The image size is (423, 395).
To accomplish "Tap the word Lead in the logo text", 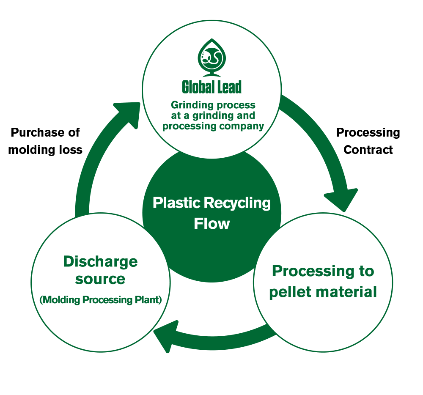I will pos(228,87).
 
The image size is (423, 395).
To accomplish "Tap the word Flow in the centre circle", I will pos(211,223).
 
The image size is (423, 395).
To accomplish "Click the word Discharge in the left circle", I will pos(100,261).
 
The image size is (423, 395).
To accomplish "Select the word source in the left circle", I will pos(100,279).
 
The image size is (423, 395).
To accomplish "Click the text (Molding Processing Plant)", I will pos(101,300).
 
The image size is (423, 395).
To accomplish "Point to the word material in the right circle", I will pos(346,291).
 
